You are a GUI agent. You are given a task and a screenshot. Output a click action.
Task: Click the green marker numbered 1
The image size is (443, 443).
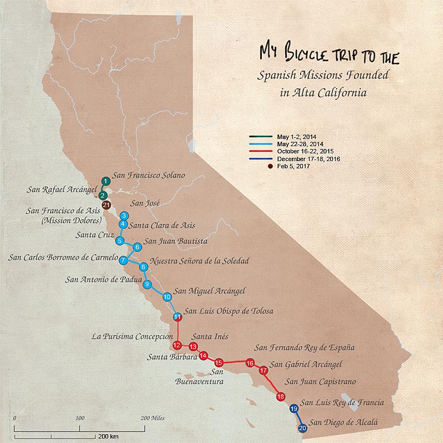coord(105,181)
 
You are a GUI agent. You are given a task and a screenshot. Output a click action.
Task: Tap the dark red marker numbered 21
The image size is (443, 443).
coord(106,206)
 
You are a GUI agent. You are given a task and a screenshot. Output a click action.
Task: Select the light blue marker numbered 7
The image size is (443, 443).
coord(124,259)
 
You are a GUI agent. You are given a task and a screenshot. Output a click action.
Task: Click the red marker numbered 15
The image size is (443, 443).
coord(219,362)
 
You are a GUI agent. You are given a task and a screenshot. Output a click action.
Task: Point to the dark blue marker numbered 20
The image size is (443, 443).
coord(302,427)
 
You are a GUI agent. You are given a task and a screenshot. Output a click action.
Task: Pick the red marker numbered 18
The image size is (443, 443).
coord(281,396)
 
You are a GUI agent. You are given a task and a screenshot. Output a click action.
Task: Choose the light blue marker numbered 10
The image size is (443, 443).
coord(167,297)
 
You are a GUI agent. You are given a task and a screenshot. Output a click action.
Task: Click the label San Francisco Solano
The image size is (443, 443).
coord(148,176)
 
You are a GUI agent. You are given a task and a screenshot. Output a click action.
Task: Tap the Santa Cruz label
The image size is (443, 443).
coord(94,235)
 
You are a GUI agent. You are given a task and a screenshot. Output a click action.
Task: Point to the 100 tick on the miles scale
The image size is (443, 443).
coord(80,418)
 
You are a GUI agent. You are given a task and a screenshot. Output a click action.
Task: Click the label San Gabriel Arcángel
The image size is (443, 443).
coord(306,364)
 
